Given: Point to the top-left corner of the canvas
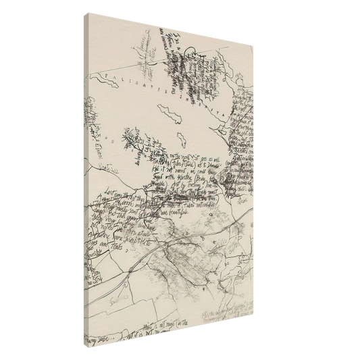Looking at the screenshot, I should click(86, 12).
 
